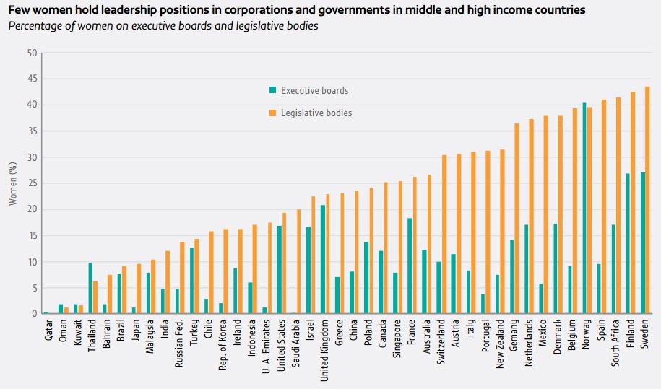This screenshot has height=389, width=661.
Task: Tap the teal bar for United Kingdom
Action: [x=323, y=260]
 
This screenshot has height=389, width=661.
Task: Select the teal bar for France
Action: [x=410, y=266]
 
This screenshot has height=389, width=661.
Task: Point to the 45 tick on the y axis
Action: [x=33, y=79]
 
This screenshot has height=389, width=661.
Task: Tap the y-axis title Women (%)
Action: [x=12, y=183]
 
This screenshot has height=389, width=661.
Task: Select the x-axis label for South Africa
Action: [x=615, y=344]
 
